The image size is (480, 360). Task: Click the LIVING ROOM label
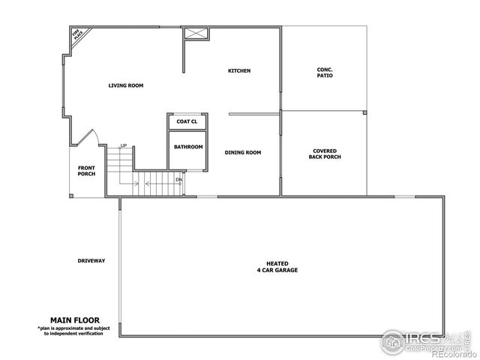(126, 85)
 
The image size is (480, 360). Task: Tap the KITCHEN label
(239, 71)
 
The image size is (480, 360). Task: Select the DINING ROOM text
(243, 152)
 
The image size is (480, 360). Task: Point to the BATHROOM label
(188, 147)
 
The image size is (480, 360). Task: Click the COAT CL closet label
(187, 121)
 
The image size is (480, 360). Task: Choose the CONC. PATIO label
(325, 73)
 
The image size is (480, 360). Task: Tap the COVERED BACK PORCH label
(325, 154)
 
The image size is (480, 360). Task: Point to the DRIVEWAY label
(91, 261)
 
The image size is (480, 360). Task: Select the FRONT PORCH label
(87, 171)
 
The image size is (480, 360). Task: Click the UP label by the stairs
(124, 145)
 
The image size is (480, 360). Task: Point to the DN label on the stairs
(179, 180)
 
